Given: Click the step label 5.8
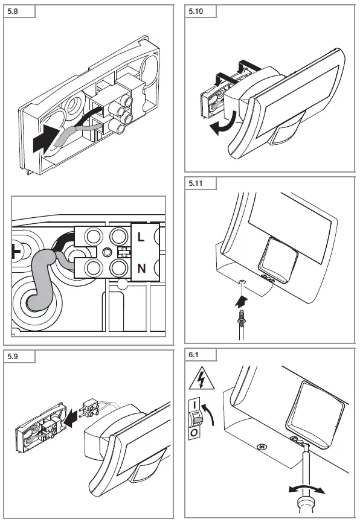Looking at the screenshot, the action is pos(13,11).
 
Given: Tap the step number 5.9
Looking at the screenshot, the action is pos(13,357).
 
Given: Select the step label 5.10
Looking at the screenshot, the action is pos(196,11).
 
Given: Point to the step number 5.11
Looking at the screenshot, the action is pos(196,183).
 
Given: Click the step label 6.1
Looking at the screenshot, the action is pos(193,355).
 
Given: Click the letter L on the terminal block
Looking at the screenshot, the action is pos(141,237).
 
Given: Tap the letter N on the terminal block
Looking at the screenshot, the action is pos(142,268).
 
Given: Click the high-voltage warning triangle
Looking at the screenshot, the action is pos(202,378).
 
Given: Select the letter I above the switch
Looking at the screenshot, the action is pos(194,405).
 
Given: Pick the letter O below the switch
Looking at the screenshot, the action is pos(194,433).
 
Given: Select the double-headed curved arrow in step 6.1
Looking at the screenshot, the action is pos(307,488).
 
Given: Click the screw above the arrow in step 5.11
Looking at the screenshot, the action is pos(242,282).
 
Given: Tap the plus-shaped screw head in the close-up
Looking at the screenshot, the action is pos(15,250).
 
